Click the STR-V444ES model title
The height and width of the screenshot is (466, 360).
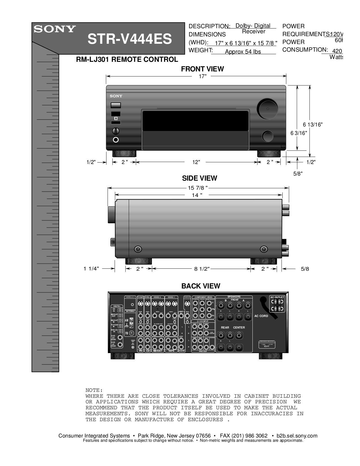(130, 39)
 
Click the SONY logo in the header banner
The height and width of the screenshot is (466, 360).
(55, 29)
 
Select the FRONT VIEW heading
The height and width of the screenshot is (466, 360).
(202, 69)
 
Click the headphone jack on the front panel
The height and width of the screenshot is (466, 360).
(115, 140)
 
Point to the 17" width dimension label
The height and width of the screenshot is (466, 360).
(203, 76)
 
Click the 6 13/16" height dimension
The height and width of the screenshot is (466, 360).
(313, 124)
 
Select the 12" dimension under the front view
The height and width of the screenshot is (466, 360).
(196, 162)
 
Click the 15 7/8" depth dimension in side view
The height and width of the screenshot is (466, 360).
(198, 188)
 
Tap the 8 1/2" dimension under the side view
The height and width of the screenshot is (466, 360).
(202, 269)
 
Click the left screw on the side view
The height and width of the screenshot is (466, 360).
(138, 249)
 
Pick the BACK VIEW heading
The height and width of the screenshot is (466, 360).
(200, 286)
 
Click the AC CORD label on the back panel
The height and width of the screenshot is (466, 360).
(261, 316)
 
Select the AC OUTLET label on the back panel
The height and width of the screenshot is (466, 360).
(277, 297)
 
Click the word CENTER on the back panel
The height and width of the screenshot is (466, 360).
(239, 327)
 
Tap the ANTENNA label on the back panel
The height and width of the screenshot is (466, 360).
(130, 311)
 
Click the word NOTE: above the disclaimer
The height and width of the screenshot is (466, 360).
(94, 390)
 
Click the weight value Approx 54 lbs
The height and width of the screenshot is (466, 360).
(243, 52)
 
